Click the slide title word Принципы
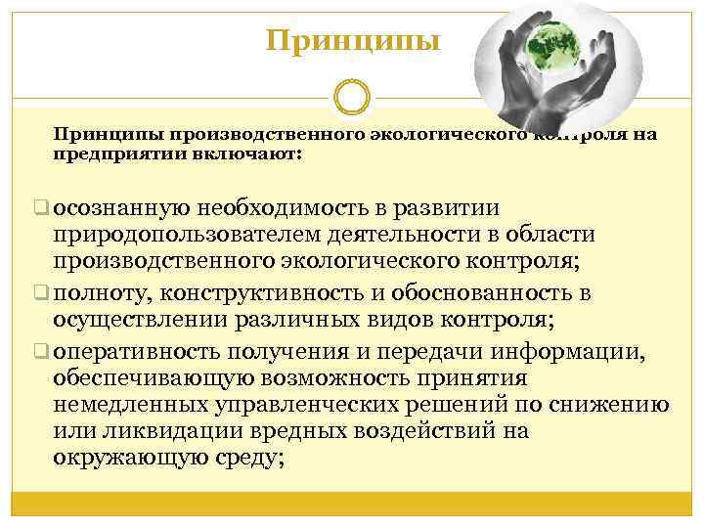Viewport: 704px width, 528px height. click(354, 41)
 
